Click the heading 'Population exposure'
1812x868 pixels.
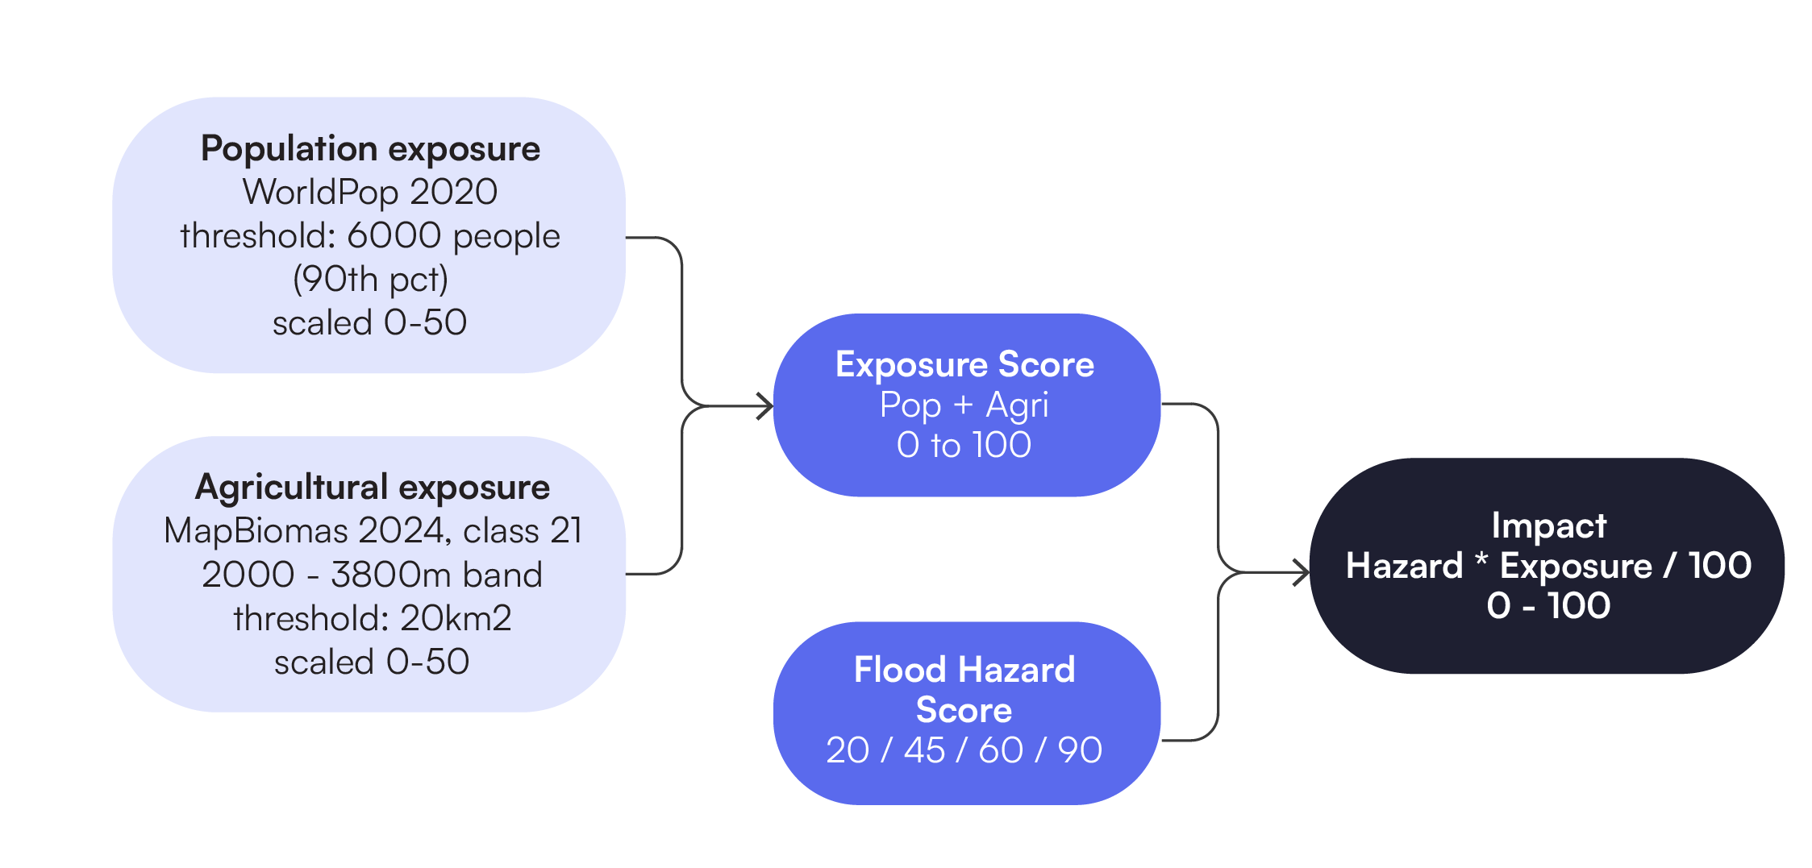370,149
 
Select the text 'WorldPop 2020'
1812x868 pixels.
370,192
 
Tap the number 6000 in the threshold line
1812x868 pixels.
394,235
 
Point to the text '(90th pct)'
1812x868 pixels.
370,279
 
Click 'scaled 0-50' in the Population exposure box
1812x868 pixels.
370,322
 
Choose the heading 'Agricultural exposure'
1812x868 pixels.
372,488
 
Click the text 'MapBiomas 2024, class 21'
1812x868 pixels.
372,531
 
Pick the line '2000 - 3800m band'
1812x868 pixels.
372,575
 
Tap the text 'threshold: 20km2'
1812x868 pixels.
372,618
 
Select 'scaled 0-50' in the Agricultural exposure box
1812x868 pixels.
372,662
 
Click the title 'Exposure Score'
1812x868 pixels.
964,364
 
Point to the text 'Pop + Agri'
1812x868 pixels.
964,405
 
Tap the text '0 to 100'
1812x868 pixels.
964,445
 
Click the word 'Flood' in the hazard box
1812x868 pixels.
899,670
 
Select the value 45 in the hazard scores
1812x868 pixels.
924,750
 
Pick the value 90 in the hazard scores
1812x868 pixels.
1080,750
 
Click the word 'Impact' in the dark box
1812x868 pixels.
1548,525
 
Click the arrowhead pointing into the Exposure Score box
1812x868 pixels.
765,406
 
